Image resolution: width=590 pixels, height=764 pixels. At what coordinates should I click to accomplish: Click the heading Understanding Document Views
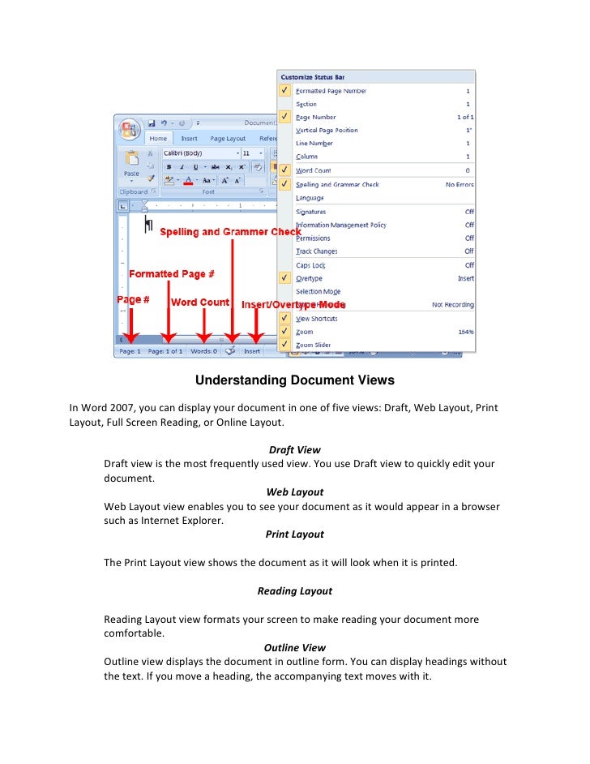click(294, 380)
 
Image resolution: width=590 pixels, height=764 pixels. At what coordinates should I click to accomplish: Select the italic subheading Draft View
click(294, 449)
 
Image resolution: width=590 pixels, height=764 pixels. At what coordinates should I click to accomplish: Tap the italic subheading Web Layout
click(294, 491)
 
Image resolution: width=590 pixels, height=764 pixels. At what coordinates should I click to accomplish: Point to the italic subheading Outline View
click(294, 647)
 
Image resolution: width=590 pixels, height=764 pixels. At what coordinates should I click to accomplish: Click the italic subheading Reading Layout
click(294, 590)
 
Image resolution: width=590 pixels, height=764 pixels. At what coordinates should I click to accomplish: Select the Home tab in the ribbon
click(158, 138)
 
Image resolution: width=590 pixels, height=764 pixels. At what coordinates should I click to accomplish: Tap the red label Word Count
click(200, 303)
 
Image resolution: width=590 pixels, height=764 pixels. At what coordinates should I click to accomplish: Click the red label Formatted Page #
click(172, 274)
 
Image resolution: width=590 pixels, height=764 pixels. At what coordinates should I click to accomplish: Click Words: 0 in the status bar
click(203, 351)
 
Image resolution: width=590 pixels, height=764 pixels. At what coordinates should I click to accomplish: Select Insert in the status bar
click(252, 351)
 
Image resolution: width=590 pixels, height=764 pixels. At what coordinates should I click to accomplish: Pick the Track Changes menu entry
click(316, 251)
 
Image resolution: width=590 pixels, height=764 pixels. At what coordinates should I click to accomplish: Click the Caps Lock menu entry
click(310, 265)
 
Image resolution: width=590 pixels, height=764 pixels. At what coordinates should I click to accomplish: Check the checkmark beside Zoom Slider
click(284, 345)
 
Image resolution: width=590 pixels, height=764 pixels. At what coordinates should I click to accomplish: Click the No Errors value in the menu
click(459, 185)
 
